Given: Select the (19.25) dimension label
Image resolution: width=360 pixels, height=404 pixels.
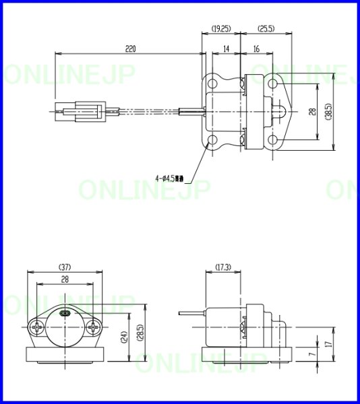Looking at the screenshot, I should pos(221,29).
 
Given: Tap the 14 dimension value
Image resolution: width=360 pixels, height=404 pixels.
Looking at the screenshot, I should pos(226,48).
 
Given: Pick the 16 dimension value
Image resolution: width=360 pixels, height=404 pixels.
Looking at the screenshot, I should pos(257,48).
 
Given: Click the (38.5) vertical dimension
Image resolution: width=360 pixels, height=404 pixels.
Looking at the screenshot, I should pos(328,112).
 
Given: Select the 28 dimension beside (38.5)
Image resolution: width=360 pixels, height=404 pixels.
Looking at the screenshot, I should pos(311,112).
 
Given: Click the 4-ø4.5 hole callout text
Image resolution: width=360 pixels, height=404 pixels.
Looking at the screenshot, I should pos(172,179).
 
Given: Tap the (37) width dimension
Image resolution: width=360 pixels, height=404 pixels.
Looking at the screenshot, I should pos(65,267).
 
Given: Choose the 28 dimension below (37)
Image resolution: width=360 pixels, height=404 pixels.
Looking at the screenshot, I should pos(65,279).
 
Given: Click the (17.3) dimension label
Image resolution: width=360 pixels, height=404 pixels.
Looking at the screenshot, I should pos(222,267).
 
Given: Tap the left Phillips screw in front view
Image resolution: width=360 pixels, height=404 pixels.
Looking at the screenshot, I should pos(37,329).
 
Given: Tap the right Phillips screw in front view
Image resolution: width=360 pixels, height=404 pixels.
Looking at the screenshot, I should pos(93,329).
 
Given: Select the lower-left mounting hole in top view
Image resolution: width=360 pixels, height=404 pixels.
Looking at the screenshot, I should pos(213,140).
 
